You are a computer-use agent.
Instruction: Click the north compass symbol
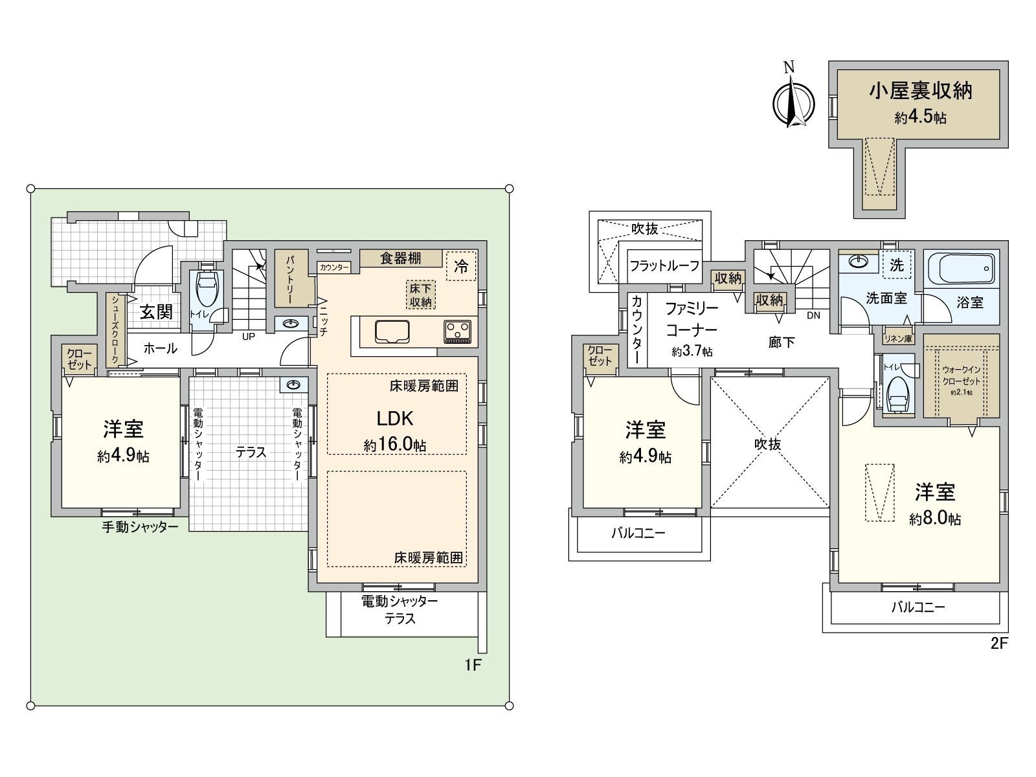(790, 101)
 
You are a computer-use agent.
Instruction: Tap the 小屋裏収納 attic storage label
(920, 91)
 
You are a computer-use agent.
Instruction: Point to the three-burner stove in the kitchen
(458, 332)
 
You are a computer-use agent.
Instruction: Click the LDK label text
(395, 418)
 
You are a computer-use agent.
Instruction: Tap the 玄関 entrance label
(157, 311)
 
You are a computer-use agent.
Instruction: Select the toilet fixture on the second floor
(897, 392)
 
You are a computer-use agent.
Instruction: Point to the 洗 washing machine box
(896, 264)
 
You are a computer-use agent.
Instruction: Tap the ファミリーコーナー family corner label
(692, 319)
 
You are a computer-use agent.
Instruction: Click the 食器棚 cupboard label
(401, 258)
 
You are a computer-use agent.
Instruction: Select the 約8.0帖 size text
(935, 519)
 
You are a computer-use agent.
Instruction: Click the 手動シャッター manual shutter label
(140, 527)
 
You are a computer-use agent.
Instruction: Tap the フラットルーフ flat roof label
(664, 265)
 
